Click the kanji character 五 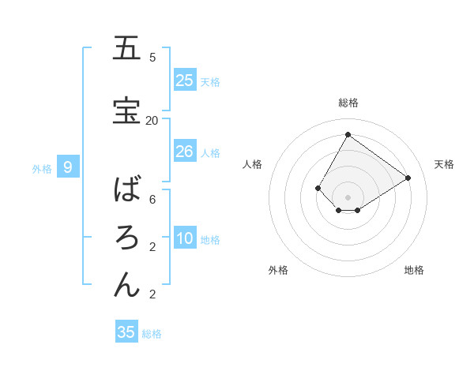coord(126,48)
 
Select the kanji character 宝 coord(126,111)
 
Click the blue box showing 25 coord(185,81)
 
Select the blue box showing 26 coord(185,152)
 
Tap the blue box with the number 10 coord(185,239)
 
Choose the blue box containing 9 coord(68,167)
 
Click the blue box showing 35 coord(126,332)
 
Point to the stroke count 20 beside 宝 coord(152,120)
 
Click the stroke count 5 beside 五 coord(152,57)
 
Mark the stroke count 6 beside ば coord(152,199)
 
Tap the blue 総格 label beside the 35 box coord(152,334)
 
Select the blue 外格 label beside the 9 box coord(42,168)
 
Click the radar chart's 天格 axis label coord(444,164)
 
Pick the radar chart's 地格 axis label coord(414,270)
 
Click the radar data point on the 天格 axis coord(408,178)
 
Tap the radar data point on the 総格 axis coord(348,134)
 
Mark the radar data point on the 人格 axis coord(318,188)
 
